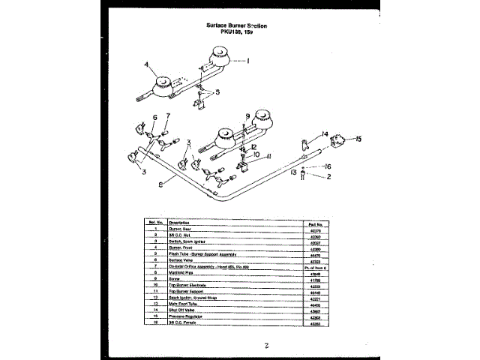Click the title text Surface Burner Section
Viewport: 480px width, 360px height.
(x=236, y=25)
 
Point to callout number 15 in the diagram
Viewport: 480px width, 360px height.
(x=358, y=139)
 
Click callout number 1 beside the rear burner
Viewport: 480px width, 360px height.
(x=248, y=60)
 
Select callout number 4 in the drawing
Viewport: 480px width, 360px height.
(x=147, y=64)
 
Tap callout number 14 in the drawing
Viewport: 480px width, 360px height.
(x=325, y=134)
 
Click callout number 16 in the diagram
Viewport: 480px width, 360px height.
(x=327, y=166)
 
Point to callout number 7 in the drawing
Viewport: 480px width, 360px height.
(x=168, y=116)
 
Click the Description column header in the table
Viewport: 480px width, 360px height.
(x=179, y=223)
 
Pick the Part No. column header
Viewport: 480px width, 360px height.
(x=315, y=223)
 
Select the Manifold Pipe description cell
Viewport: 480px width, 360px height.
(x=183, y=272)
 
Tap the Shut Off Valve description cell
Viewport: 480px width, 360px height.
(x=184, y=310)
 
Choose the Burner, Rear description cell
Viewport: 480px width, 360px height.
(x=180, y=229)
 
